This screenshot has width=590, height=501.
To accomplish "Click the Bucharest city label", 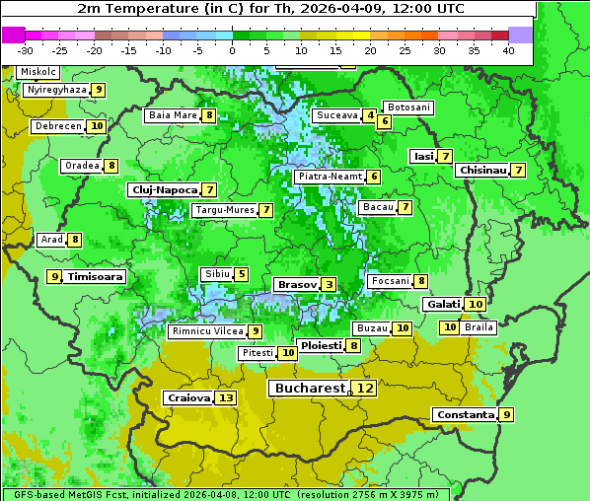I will tap(310, 389).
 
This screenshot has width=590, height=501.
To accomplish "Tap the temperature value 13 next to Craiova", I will tap(226, 398).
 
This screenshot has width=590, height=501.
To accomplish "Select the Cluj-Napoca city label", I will tap(163, 189).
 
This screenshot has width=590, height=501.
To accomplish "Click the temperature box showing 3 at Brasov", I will tap(329, 284).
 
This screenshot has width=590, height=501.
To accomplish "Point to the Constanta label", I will tap(464, 415).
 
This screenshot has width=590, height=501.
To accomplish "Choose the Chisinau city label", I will tap(482, 170).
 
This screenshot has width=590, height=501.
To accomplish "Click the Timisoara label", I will tap(96, 277).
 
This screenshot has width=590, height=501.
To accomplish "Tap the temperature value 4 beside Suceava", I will tap(370, 115).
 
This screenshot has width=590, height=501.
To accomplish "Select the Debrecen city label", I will tap(57, 126).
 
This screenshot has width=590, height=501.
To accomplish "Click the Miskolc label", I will tap(38, 72).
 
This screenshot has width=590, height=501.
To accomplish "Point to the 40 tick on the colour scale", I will tap(508, 50).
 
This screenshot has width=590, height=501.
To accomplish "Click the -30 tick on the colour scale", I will tap(26, 50).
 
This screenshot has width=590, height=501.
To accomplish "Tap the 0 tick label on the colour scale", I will tap(232, 50).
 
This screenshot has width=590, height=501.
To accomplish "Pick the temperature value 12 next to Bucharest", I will tap(365, 389).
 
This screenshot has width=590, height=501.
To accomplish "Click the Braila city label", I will tap(479, 326).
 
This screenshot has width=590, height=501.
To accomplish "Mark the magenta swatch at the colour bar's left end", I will tap(14, 35).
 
